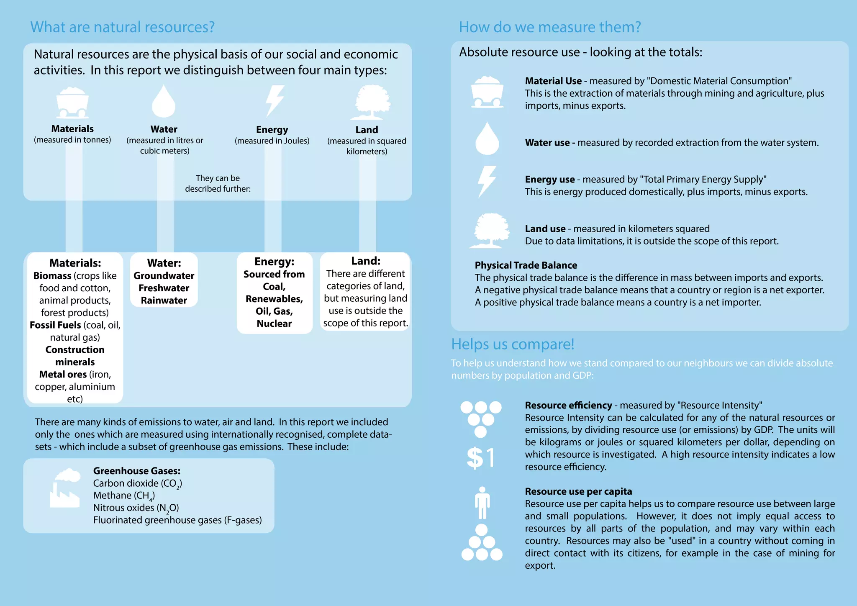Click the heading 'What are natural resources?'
point(122,27)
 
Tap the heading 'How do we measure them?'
point(549,27)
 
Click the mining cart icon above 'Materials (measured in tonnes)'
point(72,103)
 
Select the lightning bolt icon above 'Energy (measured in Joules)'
point(275,101)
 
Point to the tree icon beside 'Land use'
point(490,231)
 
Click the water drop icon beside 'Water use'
point(487,139)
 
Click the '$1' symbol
point(481,457)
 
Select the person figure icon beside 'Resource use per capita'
point(482,503)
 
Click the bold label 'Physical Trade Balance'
point(526,265)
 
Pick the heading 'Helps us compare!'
point(512,344)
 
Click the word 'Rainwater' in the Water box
point(164,300)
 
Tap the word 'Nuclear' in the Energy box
point(274,324)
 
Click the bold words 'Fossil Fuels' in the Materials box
point(55,325)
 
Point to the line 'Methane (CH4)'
point(124,496)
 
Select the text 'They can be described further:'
point(218,183)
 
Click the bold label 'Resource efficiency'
point(568,405)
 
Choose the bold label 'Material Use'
point(553,81)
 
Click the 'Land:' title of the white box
point(365,261)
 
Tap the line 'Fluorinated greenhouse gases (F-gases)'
point(177,520)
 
